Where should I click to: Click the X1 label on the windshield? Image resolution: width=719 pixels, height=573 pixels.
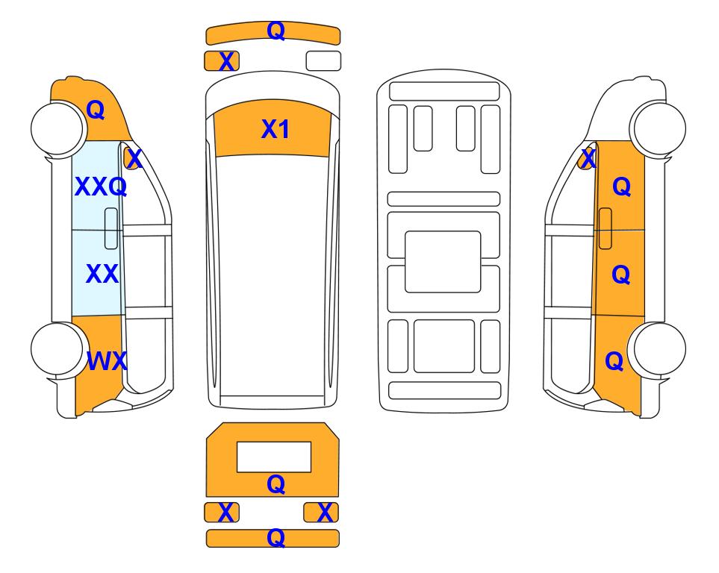click(x=275, y=129)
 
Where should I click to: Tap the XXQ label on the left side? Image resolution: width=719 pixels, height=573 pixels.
click(x=101, y=187)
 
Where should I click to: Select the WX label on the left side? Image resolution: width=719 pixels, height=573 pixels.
click(x=107, y=361)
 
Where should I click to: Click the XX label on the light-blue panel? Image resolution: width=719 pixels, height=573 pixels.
click(x=102, y=274)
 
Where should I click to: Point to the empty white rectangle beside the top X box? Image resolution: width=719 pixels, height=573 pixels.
click(x=323, y=61)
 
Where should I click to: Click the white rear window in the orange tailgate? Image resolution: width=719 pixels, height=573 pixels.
click(x=274, y=457)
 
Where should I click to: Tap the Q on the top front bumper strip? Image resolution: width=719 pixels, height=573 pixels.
click(x=276, y=31)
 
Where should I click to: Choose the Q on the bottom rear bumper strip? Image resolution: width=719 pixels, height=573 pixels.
click(x=276, y=538)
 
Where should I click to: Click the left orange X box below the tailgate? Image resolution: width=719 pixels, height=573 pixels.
click(x=222, y=512)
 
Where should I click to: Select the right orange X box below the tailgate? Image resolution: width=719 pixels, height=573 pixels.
click(x=321, y=512)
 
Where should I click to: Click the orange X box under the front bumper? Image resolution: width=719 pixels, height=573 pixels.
click(x=222, y=61)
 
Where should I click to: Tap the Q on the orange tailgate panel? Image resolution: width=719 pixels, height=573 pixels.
click(x=276, y=484)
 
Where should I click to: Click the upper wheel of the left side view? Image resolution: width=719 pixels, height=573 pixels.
click(x=57, y=128)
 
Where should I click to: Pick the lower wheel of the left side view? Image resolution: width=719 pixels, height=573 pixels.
click(x=57, y=349)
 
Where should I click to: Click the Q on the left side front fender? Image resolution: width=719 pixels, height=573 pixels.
click(x=96, y=110)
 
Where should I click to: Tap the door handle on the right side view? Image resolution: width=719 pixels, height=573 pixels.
click(x=606, y=228)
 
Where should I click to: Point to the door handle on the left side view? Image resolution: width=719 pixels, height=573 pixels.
click(x=111, y=228)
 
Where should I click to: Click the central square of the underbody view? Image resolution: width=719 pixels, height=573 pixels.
click(x=443, y=262)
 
